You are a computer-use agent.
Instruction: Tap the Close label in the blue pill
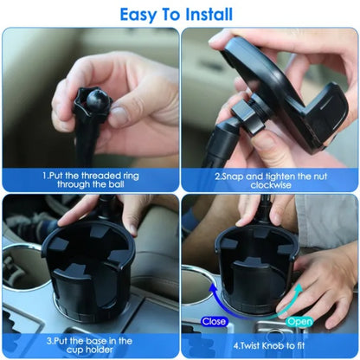[214, 320]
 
